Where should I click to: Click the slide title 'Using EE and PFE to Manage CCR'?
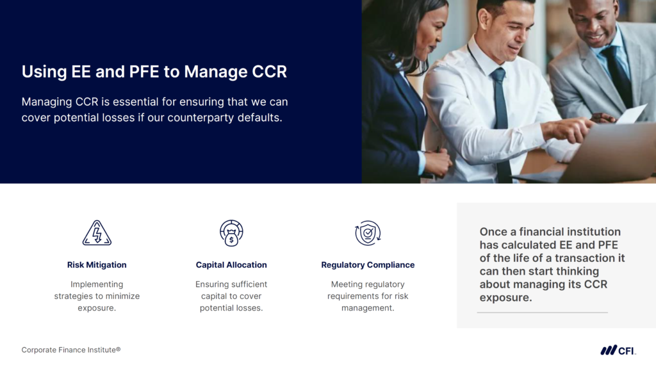[x=154, y=72]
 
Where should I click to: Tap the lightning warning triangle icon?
[x=97, y=233]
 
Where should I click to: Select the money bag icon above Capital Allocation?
[x=231, y=233]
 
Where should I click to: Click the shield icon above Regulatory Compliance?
[x=368, y=233]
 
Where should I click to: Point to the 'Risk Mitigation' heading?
[x=97, y=265]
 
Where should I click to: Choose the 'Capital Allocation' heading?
[x=231, y=265]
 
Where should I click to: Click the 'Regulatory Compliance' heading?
[x=368, y=265]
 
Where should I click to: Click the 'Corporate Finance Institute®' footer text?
[x=71, y=350]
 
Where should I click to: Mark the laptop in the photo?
[x=596, y=154]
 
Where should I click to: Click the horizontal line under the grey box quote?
[x=542, y=312]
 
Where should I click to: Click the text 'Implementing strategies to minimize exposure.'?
[x=97, y=296]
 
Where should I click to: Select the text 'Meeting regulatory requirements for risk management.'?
[x=368, y=296]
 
